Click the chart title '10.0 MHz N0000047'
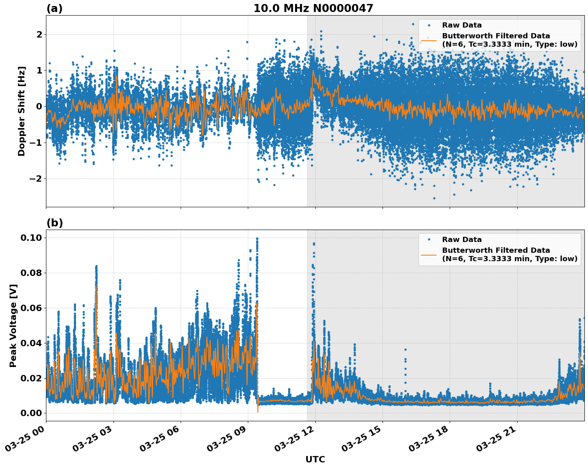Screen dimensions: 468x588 click(x=313, y=8)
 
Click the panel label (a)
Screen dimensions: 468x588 click(x=54, y=8)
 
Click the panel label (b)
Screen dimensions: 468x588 click(x=54, y=223)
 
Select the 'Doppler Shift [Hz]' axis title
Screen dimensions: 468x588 click(x=22, y=111)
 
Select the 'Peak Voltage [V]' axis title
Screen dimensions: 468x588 click(x=13, y=325)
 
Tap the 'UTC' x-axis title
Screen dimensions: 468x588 click(x=315, y=459)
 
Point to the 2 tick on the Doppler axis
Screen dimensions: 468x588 click(x=39, y=35)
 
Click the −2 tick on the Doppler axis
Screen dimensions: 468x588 click(x=36, y=178)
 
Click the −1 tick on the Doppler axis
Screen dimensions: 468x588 click(x=36, y=143)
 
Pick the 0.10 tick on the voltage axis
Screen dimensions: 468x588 click(x=31, y=238)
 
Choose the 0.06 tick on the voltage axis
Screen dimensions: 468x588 click(x=31, y=308)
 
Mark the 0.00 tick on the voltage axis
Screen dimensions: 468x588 click(x=31, y=413)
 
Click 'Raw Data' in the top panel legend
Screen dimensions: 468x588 click(x=462, y=26)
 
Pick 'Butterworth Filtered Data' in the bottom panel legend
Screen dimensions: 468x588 click(x=496, y=250)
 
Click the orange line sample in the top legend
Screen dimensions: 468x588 click(x=429, y=40)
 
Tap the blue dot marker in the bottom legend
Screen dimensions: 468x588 click(x=429, y=240)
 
